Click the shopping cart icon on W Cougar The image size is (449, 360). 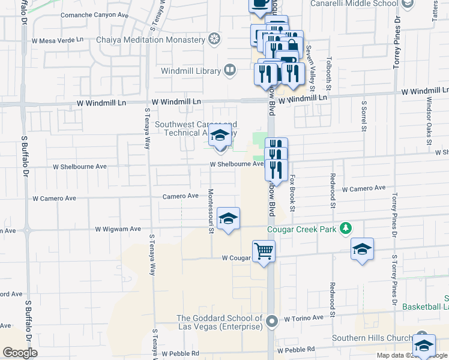264,251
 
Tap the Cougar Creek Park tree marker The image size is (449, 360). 345,228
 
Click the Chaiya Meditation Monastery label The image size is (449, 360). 151,40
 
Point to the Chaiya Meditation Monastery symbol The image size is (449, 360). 214,40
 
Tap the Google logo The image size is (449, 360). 20,353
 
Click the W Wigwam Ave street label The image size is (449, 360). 118,229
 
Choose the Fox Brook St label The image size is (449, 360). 292,193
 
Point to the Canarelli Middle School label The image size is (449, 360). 353,4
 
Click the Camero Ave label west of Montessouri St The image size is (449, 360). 180,196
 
